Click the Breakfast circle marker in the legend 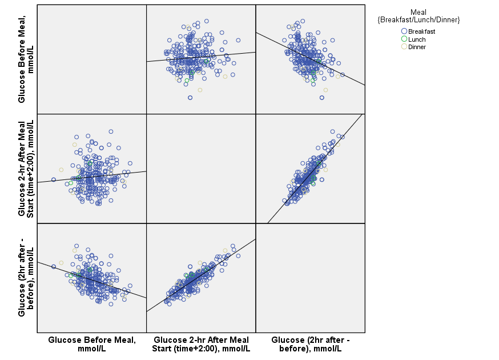[404, 31]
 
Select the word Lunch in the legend [417, 39]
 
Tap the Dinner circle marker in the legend [404, 47]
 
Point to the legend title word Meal [418, 12]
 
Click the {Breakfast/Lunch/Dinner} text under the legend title [418, 20]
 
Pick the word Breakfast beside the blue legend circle [422, 31]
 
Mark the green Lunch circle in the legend [404, 39]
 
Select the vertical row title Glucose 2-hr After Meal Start [26, 169]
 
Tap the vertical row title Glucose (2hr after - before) [26, 277]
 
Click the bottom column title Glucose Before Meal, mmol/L [92, 344]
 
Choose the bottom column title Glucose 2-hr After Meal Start [201, 344]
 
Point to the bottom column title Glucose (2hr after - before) [310, 344]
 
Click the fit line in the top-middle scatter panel [228, 55]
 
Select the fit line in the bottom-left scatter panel [114, 287]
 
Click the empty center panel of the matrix [201, 169]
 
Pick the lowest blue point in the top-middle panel [190, 98]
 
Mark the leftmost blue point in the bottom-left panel [54, 267]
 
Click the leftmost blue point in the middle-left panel [54, 179]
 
